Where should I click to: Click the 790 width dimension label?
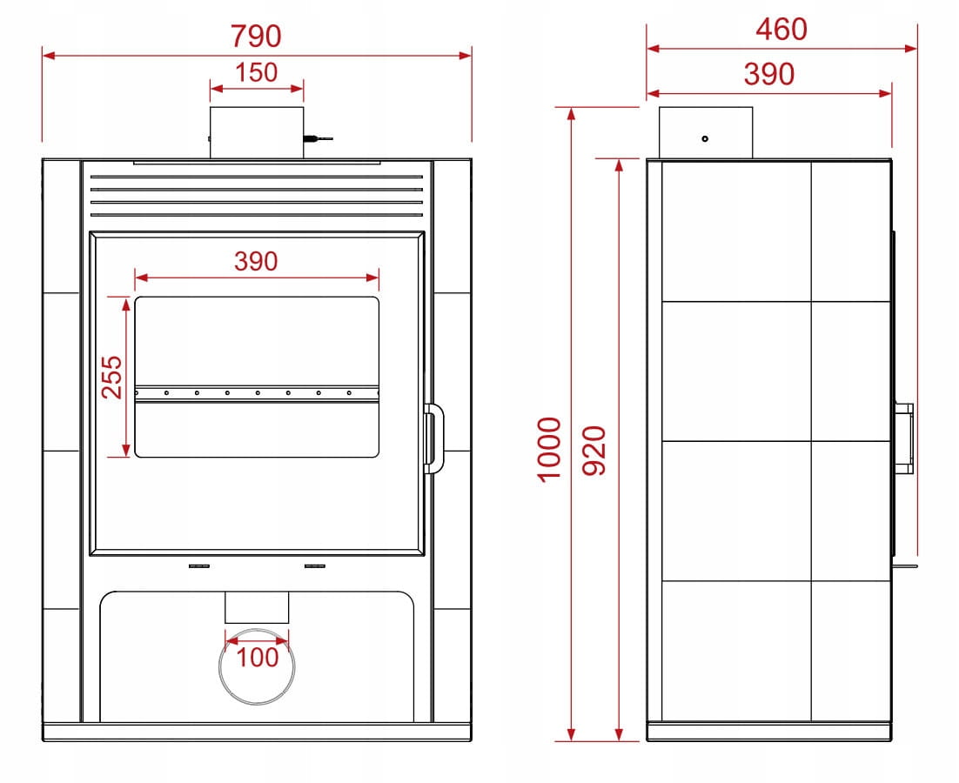click(256, 36)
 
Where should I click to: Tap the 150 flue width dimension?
click(257, 72)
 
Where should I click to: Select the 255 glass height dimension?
click(112, 377)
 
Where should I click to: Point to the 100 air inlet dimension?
click(257, 657)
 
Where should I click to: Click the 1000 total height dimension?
click(549, 450)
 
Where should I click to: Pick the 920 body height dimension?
click(594, 451)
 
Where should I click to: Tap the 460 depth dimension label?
click(781, 29)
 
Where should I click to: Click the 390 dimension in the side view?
click(768, 74)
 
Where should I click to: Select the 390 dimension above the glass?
click(256, 261)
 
